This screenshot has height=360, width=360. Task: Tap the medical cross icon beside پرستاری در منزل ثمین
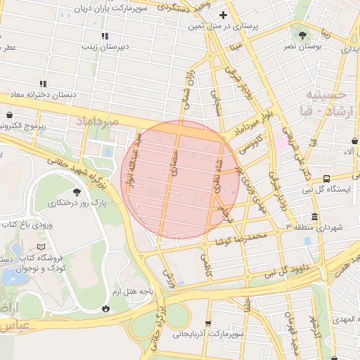click(224, 15)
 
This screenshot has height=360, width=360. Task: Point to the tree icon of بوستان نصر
click(302, 34)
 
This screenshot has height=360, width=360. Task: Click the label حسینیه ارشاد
click(330, 103)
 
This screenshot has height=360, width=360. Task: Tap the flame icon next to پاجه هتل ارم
click(105, 308)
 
